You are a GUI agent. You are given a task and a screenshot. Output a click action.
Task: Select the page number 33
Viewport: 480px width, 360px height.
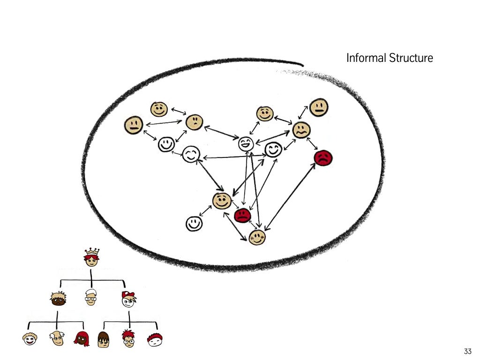pyautogui.click(x=467, y=351)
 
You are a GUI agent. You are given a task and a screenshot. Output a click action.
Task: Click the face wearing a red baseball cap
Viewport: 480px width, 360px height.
pyautogui.click(x=128, y=299)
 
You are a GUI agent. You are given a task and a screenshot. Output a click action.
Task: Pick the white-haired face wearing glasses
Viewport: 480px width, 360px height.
pyautogui.click(x=91, y=298)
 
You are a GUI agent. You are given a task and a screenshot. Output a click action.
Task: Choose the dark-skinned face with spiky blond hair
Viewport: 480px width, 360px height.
pyautogui.click(x=58, y=299)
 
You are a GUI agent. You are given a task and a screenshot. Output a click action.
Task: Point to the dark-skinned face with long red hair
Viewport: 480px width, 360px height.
pyautogui.click(x=81, y=339)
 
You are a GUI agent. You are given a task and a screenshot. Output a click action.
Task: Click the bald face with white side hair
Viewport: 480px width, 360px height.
pyautogui.click(x=57, y=339)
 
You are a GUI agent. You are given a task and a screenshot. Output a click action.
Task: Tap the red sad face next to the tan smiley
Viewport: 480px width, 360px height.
pyautogui.click(x=242, y=215)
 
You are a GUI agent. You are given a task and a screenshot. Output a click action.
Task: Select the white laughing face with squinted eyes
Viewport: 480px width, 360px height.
pyautogui.click(x=246, y=143)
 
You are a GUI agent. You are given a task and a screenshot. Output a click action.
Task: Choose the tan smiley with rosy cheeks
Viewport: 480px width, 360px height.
pyautogui.click(x=257, y=237)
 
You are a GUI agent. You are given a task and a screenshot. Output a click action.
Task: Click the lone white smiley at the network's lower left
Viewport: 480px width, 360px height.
pyautogui.click(x=194, y=224)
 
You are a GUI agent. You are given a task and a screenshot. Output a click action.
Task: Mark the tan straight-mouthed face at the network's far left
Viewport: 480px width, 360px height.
pyautogui.click(x=134, y=125)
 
